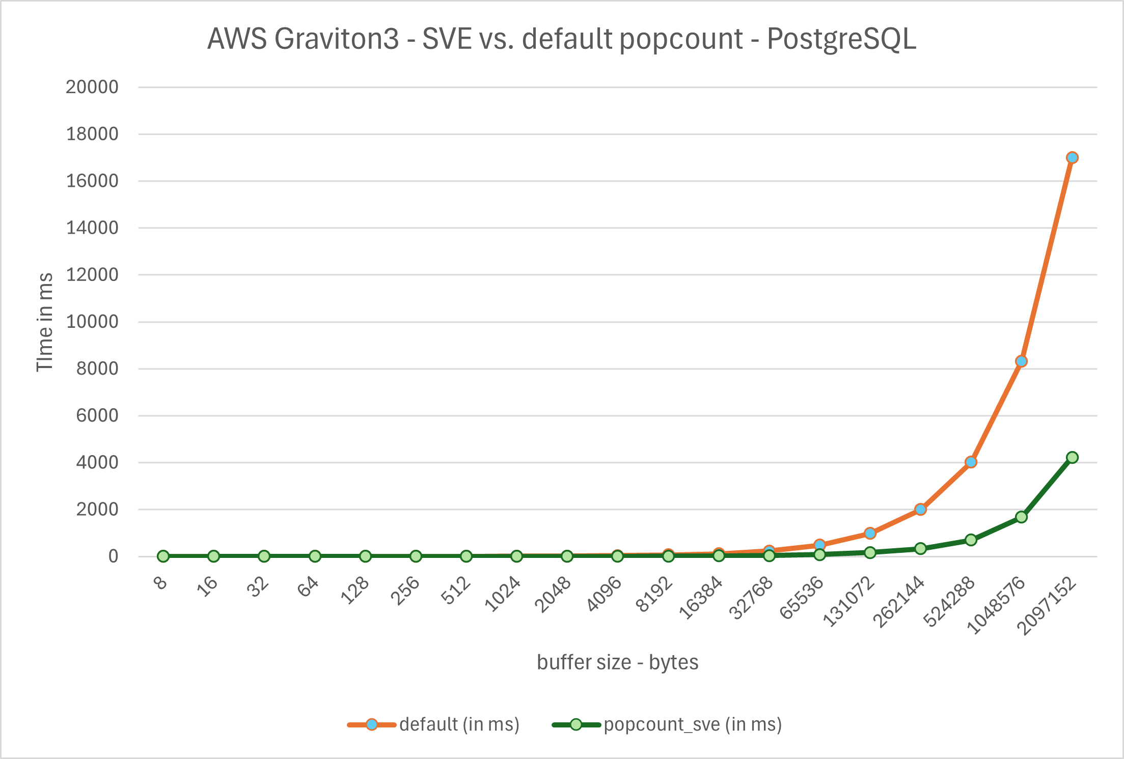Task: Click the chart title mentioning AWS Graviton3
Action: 562,39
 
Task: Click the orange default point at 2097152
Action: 1072,158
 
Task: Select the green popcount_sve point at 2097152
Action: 1072,458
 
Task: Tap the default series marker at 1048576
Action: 1021,361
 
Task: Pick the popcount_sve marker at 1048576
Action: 1021,517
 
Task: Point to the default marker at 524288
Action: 971,462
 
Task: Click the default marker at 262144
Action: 920,510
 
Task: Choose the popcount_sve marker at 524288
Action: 971,540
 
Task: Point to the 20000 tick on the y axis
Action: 92,87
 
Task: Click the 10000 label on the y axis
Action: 92,322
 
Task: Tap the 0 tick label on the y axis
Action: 113,556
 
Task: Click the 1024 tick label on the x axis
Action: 503,594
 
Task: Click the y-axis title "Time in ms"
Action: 45,322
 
